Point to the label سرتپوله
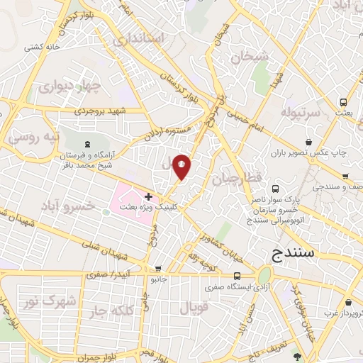302,113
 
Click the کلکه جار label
105,311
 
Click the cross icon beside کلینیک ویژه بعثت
148,196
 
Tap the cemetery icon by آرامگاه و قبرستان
86,144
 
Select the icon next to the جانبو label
157,269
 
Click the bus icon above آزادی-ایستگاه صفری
237,277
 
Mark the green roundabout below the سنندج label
264,277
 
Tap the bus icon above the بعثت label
343,101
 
